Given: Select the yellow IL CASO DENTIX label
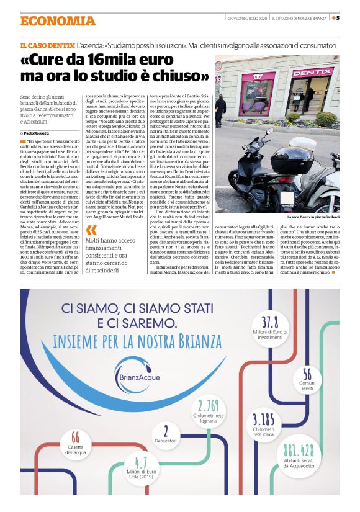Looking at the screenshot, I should (47, 46).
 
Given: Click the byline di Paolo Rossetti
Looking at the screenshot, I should (38, 133).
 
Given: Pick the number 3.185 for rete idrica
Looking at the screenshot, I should (263, 418).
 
